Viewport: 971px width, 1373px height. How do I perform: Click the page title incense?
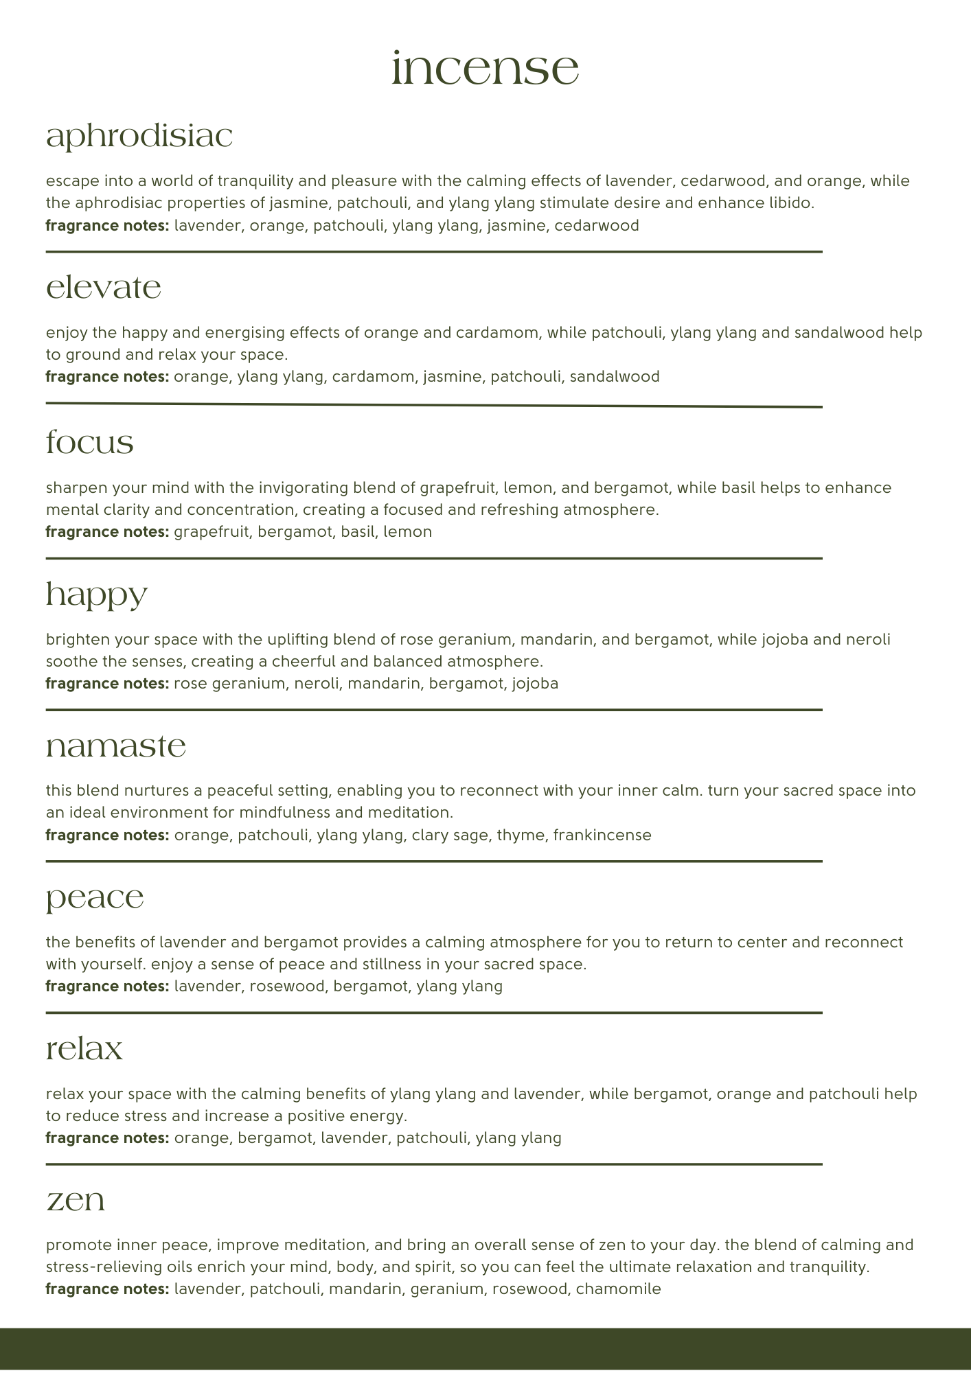485,69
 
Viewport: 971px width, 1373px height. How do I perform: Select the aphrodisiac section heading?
139,137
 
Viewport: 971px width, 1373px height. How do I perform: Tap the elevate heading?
104,288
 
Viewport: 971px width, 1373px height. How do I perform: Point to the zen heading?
76,1201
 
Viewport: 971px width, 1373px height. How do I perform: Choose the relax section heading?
84,1049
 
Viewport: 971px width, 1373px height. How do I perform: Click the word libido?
790,203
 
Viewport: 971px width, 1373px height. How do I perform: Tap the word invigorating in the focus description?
303,488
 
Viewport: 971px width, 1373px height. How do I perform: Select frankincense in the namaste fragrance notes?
602,835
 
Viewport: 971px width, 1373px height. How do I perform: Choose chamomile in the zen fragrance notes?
618,1289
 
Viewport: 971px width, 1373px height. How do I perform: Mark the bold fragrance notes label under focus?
107,532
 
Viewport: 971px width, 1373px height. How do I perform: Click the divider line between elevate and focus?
434,406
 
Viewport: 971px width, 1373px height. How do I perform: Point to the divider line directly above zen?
434,1164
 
